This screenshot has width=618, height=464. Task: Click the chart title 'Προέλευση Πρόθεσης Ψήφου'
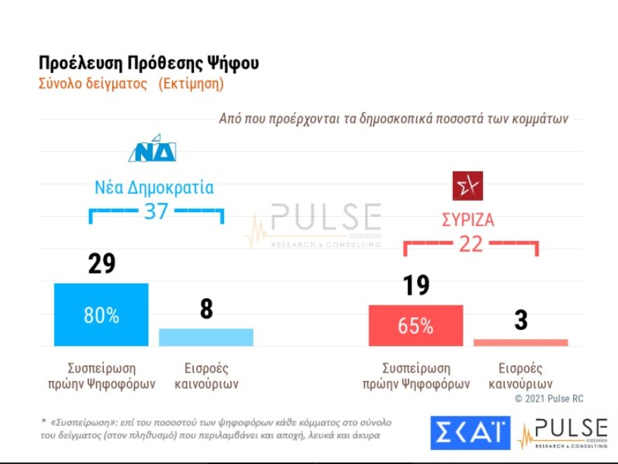click(149, 63)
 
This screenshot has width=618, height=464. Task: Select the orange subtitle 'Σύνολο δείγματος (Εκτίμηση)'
click(131, 84)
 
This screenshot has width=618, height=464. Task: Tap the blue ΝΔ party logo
click(152, 149)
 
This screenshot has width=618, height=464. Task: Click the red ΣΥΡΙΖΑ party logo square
click(467, 186)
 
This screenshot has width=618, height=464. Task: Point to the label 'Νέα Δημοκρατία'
click(154, 188)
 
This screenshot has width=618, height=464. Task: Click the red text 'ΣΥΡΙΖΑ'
click(468, 220)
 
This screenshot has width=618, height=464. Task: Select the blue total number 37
click(156, 211)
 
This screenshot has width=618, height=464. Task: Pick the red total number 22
click(471, 244)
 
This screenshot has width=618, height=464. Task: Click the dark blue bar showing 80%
click(101, 314)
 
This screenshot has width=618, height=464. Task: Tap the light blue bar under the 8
click(206, 337)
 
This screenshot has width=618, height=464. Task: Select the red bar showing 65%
click(416, 326)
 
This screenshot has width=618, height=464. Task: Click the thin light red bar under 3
click(520, 343)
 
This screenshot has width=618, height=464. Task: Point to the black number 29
click(102, 264)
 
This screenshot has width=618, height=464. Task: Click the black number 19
click(416, 286)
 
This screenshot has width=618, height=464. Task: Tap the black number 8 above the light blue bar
click(206, 310)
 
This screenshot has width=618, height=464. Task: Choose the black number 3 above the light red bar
click(520, 320)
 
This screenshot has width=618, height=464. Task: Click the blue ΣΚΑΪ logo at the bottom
click(470, 433)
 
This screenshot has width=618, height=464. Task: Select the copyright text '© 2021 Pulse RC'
click(548, 399)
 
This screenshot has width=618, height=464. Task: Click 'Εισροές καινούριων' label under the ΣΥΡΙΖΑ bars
click(520, 376)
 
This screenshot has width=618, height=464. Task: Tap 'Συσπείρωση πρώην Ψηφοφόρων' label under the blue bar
click(102, 376)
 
